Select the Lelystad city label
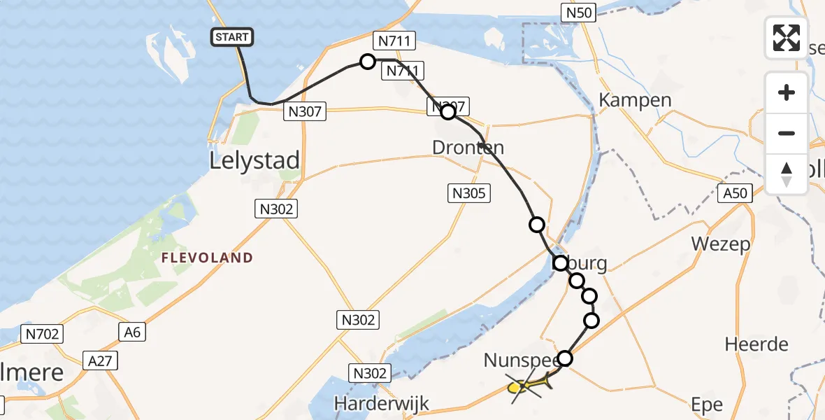(x=254, y=160)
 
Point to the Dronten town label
(x=468, y=148)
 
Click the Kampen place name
(x=635, y=100)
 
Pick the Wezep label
(x=720, y=244)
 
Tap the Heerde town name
(x=756, y=344)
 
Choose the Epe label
(x=707, y=405)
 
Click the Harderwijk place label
(x=381, y=403)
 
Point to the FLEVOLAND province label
(x=207, y=258)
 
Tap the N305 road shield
(x=468, y=194)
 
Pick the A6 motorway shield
(x=133, y=332)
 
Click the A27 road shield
(x=99, y=360)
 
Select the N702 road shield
(x=43, y=334)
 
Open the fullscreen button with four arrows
(x=787, y=38)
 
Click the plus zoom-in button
(x=787, y=92)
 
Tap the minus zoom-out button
(x=787, y=133)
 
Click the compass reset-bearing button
(x=787, y=174)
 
